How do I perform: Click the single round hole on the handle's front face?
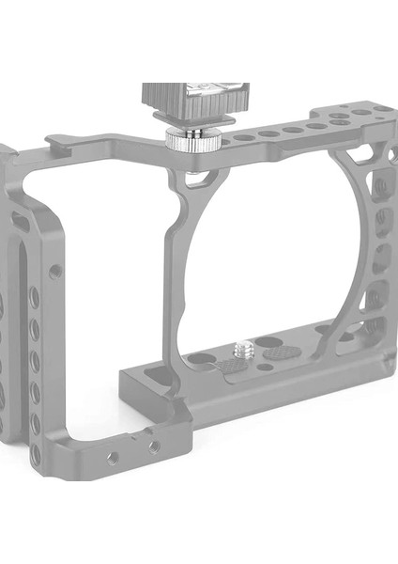[x=56, y=271]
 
